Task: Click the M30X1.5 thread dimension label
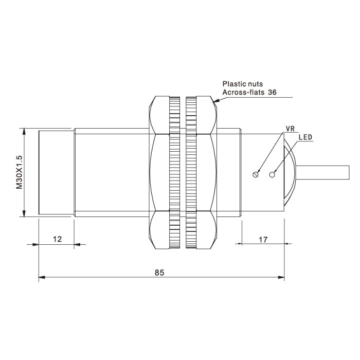point(20,172)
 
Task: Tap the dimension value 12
point(58,239)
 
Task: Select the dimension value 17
point(263,240)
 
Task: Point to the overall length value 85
point(159,273)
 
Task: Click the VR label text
point(290,129)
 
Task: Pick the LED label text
point(305,137)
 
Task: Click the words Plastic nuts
point(243,84)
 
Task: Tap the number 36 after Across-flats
point(272,92)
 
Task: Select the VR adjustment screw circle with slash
point(255,175)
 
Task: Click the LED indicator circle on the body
point(272,175)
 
